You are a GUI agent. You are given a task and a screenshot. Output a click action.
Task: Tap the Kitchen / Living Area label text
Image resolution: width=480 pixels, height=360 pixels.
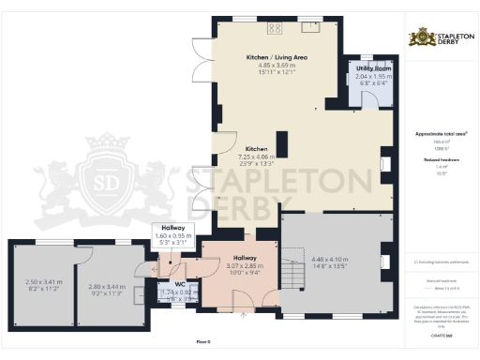click(277, 57)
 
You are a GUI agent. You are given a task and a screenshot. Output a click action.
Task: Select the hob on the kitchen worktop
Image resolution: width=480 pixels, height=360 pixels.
click(279, 27)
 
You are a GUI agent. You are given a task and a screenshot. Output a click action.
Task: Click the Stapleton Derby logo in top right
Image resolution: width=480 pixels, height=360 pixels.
click(441, 38)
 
